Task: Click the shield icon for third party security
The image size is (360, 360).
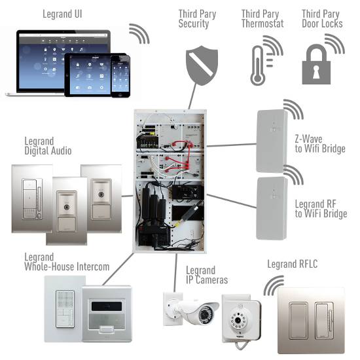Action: [x=202, y=65]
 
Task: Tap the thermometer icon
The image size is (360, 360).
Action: [x=258, y=66]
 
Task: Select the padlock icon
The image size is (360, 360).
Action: [x=316, y=65]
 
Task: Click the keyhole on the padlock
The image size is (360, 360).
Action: [x=316, y=71]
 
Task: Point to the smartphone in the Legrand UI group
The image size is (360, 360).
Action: [x=120, y=76]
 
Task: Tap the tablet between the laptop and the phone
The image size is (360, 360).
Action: [x=88, y=75]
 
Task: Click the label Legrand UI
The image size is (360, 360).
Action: [x=62, y=14]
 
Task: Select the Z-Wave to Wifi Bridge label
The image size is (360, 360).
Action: [x=320, y=144]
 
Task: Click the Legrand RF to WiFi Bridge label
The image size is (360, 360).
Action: [x=321, y=209]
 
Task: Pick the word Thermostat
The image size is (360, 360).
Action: [x=262, y=24]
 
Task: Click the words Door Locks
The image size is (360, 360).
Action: [x=322, y=24]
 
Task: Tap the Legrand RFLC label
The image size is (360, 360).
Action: [x=293, y=264]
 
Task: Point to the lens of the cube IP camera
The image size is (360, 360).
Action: [x=238, y=320]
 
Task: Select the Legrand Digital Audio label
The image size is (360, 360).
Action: [x=48, y=146]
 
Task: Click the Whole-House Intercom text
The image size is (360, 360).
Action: [x=67, y=267]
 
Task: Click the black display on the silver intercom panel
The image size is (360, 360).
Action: [x=107, y=306]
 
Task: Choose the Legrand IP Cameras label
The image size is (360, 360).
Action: [x=207, y=275]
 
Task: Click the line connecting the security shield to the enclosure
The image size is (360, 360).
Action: [x=192, y=96]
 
